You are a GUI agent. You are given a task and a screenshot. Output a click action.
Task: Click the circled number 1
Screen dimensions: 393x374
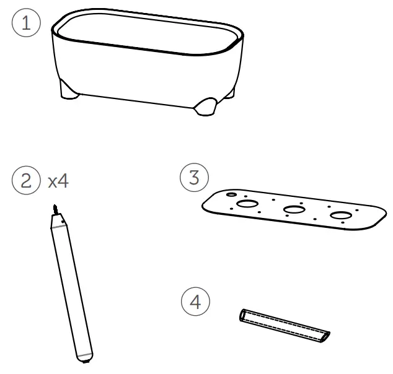point(26,23)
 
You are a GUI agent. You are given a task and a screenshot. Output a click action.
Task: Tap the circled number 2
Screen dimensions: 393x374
point(26,180)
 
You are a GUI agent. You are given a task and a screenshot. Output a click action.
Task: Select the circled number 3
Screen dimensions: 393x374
point(194,178)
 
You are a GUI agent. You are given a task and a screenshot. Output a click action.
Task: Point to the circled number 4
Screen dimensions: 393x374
point(195,302)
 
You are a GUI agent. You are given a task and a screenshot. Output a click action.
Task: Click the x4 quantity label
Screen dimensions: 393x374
point(58,181)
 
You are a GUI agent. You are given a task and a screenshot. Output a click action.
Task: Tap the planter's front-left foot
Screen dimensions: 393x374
point(69,90)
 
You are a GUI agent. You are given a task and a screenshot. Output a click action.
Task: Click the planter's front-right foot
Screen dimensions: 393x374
point(206,107)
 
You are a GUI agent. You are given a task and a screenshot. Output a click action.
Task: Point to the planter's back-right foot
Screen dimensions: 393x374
point(229,94)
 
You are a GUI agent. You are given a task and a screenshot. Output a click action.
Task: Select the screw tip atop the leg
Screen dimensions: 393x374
point(55,209)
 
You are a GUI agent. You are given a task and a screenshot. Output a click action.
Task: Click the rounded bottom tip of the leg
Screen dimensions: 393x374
point(85,359)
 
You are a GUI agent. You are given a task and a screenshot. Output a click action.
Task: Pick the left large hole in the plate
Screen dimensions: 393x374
point(247,204)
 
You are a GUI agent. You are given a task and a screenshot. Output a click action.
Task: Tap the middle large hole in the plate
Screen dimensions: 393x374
point(294,209)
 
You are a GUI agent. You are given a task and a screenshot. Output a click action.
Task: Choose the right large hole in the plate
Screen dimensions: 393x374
point(341,215)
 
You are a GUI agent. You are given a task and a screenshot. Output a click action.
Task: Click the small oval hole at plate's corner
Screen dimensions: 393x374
point(231,194)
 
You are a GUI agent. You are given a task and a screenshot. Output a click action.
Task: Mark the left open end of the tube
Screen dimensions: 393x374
point(242,315)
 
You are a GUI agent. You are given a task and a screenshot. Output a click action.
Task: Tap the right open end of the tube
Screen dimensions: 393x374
point(325,337)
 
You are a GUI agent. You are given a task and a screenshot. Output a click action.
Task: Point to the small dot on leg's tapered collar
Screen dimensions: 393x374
point(63,221)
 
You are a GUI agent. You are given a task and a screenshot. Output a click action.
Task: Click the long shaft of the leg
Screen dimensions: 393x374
point(72,290)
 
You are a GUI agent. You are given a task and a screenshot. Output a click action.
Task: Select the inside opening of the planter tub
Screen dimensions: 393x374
point(148,33)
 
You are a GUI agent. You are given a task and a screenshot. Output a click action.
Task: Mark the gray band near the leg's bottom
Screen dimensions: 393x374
point(85,355)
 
